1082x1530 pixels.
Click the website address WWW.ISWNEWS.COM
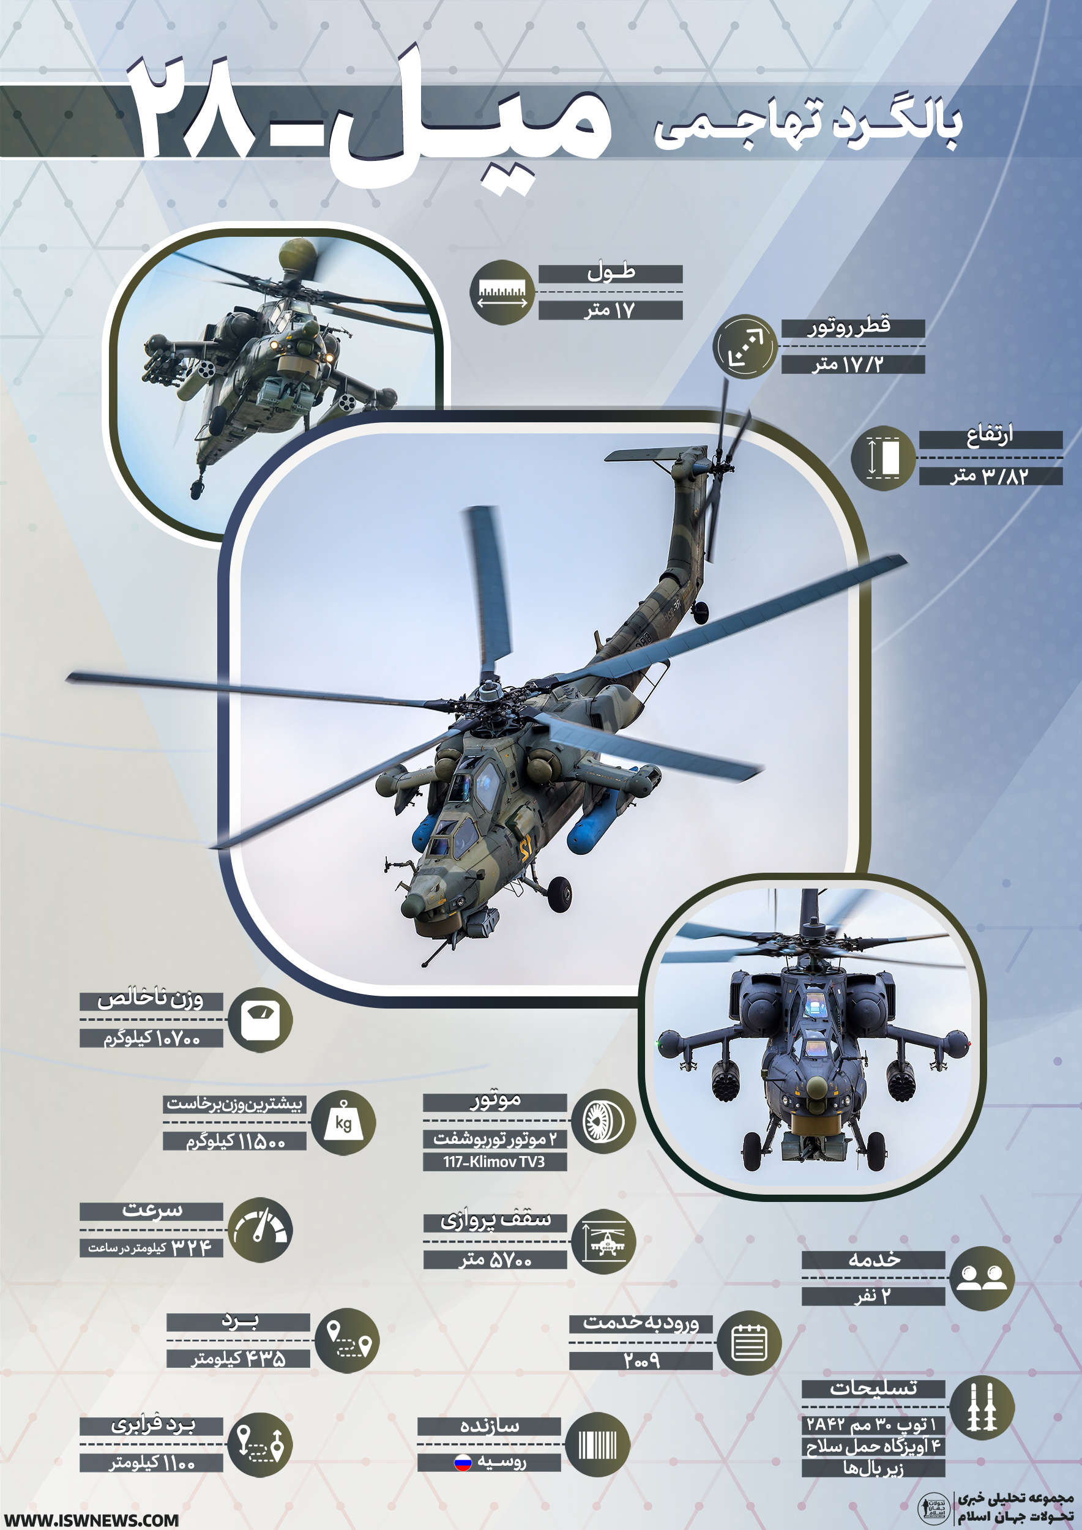pos(92,1515)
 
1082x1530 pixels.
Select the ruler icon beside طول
pos(503,293)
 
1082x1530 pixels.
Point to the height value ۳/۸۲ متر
pos(990,475)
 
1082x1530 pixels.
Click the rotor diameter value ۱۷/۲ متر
pos(848,364)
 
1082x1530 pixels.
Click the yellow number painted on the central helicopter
pos(526,849)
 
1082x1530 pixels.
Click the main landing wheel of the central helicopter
pos(559,894)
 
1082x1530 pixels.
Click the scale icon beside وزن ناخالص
pos(260,1020)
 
